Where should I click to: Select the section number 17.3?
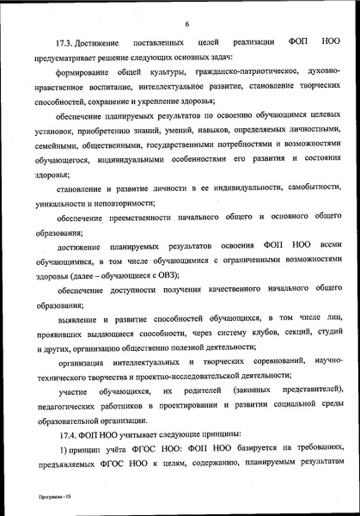[66, 42]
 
